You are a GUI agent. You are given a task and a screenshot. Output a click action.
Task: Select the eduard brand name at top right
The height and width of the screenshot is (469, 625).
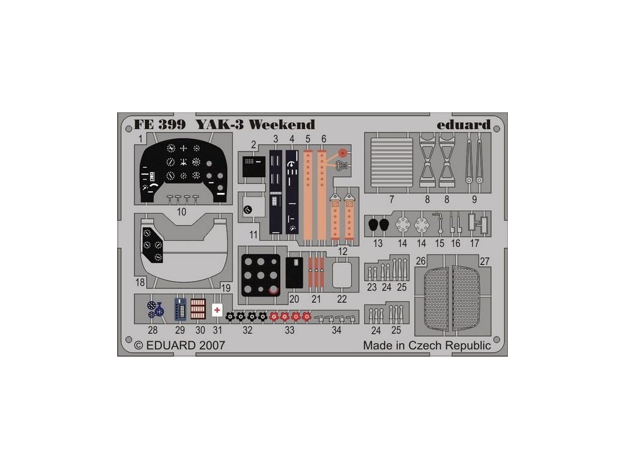463,125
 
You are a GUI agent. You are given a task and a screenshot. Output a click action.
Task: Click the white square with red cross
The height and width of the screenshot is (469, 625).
217,310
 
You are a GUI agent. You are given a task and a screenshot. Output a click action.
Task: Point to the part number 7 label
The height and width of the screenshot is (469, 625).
391,200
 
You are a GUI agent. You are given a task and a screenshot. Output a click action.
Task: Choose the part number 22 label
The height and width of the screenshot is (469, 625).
342,299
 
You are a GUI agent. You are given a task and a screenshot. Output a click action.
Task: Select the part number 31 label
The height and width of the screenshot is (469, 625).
217,330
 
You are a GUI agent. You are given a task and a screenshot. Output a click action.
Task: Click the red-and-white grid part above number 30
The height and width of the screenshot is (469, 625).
198,309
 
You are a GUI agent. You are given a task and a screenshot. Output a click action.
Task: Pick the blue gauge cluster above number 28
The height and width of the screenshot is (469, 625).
156,310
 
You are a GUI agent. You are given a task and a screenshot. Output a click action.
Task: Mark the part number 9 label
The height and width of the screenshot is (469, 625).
474,200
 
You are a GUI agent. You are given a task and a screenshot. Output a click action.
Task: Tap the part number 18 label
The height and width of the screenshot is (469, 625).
140,282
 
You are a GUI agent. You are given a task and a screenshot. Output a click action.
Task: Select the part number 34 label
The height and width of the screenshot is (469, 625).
337,330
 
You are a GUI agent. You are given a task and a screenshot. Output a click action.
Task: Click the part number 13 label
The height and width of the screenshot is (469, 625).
378,243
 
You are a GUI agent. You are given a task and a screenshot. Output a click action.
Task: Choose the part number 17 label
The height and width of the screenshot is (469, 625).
474,243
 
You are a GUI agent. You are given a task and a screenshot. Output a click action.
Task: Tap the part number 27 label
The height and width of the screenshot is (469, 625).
486,261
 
